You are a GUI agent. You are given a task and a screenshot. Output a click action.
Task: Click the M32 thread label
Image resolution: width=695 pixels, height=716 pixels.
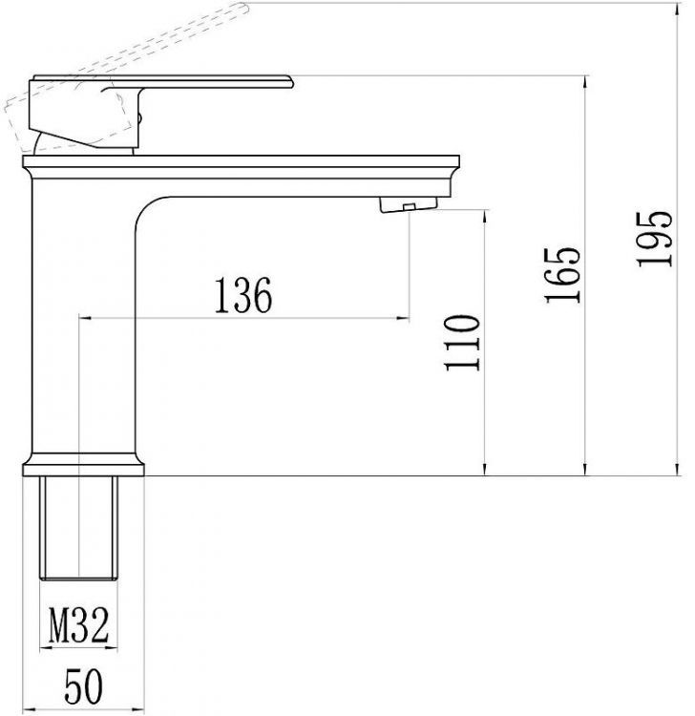77,627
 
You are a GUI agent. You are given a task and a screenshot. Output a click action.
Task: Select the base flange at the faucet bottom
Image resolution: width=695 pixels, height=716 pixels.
84,465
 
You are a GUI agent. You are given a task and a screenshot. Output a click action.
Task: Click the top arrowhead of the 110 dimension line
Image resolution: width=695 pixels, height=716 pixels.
488,210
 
